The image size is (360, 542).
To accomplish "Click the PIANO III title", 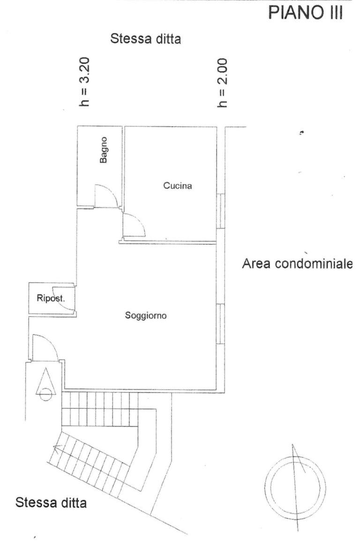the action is coord(306,13).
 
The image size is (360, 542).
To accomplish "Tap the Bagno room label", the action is coord(103,150).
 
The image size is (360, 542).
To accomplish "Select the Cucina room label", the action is coord(178,186).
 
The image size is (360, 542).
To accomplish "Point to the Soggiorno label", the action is coord(146,315).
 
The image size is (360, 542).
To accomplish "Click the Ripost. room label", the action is coord(51,298).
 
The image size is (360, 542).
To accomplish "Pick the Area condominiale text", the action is coord(297,264).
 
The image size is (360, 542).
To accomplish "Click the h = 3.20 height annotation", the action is coord(84,82).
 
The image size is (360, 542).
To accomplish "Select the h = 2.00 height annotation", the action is coord(223,83).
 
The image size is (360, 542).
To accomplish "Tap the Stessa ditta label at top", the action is coord(145,38).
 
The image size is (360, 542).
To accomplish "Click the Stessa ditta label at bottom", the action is coord(51,502).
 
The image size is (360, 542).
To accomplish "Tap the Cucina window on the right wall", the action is coord(220,211).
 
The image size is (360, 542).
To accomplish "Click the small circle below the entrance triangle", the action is coord(45,394).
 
